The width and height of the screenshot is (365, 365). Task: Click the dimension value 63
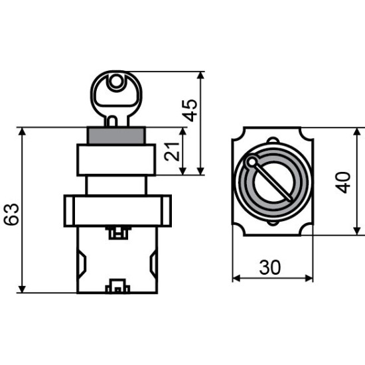[x=12, y=214]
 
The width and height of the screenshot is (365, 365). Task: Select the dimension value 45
[x=190, y=111]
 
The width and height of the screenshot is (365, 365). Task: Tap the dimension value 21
[x=172, y=151]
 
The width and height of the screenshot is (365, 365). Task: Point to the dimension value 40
[x=342, y=183]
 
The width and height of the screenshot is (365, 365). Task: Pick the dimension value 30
[x=270, y=267]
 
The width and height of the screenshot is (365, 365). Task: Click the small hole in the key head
[x=115, y=82]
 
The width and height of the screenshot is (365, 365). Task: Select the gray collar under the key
[x=116, y=135]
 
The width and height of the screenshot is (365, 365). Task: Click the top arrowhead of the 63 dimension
[x=22, y=131]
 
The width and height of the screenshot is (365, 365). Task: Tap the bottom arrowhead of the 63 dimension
[x=22, y=289]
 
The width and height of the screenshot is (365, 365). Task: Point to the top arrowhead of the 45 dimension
[x=200, y=76]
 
